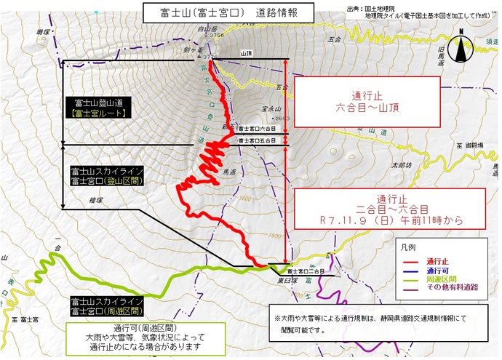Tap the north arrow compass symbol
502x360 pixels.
(x=461, y=49)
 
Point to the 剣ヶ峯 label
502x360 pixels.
(x=191, y=49)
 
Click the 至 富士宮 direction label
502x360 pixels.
(x=25, y=319)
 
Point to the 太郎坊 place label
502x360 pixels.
(x=401, y=166)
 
